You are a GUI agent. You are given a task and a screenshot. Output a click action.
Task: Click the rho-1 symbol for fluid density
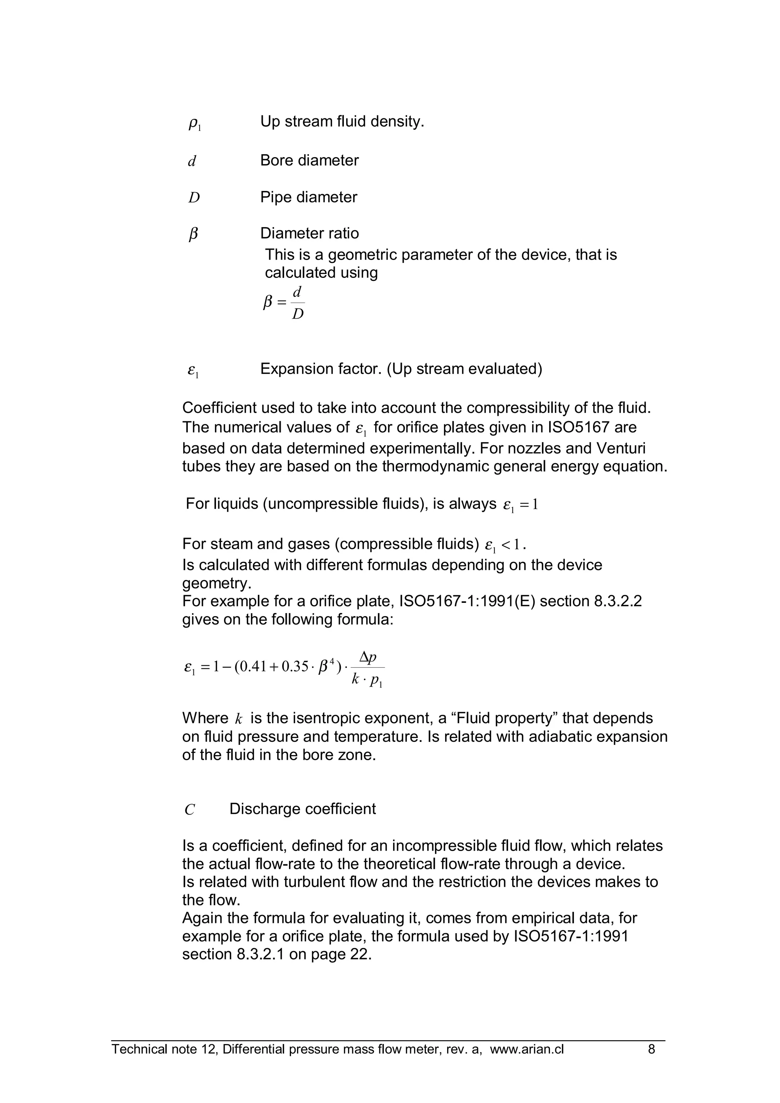coord(194,124)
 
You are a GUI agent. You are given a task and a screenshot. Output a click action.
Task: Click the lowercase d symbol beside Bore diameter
coord(192,161)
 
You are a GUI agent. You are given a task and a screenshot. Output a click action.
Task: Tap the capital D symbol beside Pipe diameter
coord(194,198)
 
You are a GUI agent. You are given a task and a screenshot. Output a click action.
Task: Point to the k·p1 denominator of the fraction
coord(367,681)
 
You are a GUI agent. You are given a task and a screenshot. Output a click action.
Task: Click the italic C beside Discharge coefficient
coord(190,810)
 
